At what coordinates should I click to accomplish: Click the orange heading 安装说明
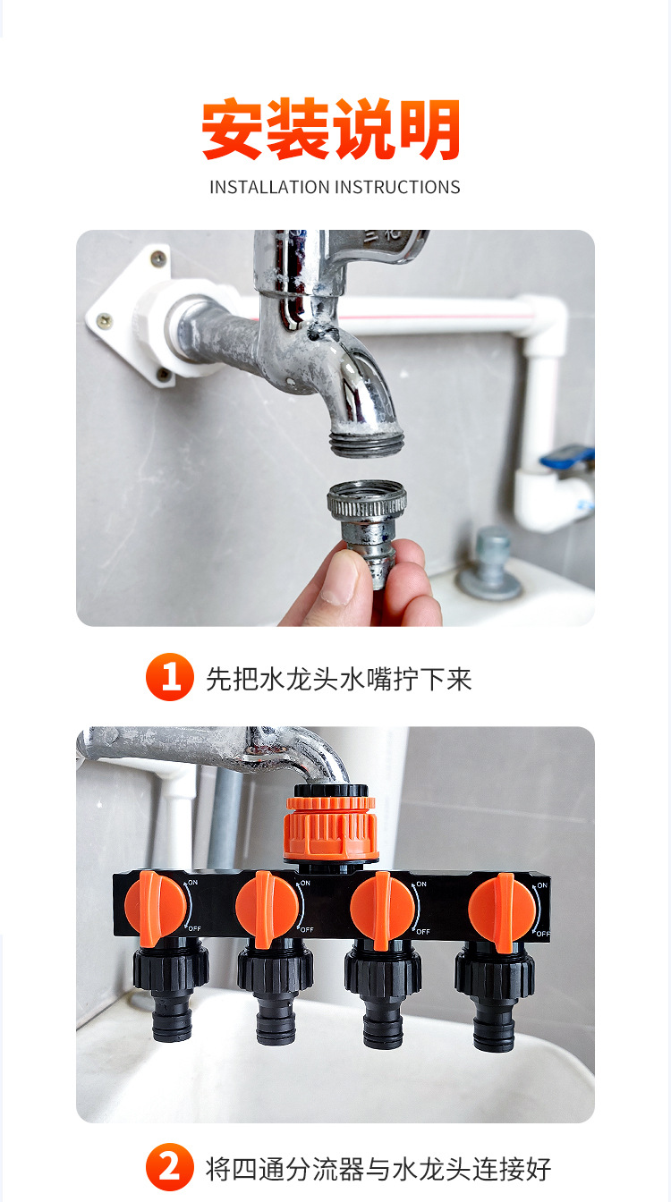pos(331,131)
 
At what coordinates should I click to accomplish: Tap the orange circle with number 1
pos(169,678)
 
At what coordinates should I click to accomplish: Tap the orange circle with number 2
pos(169,1168)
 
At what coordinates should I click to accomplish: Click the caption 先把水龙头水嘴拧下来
pos(338,679)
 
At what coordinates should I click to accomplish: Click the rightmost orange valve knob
pos(501,910)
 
